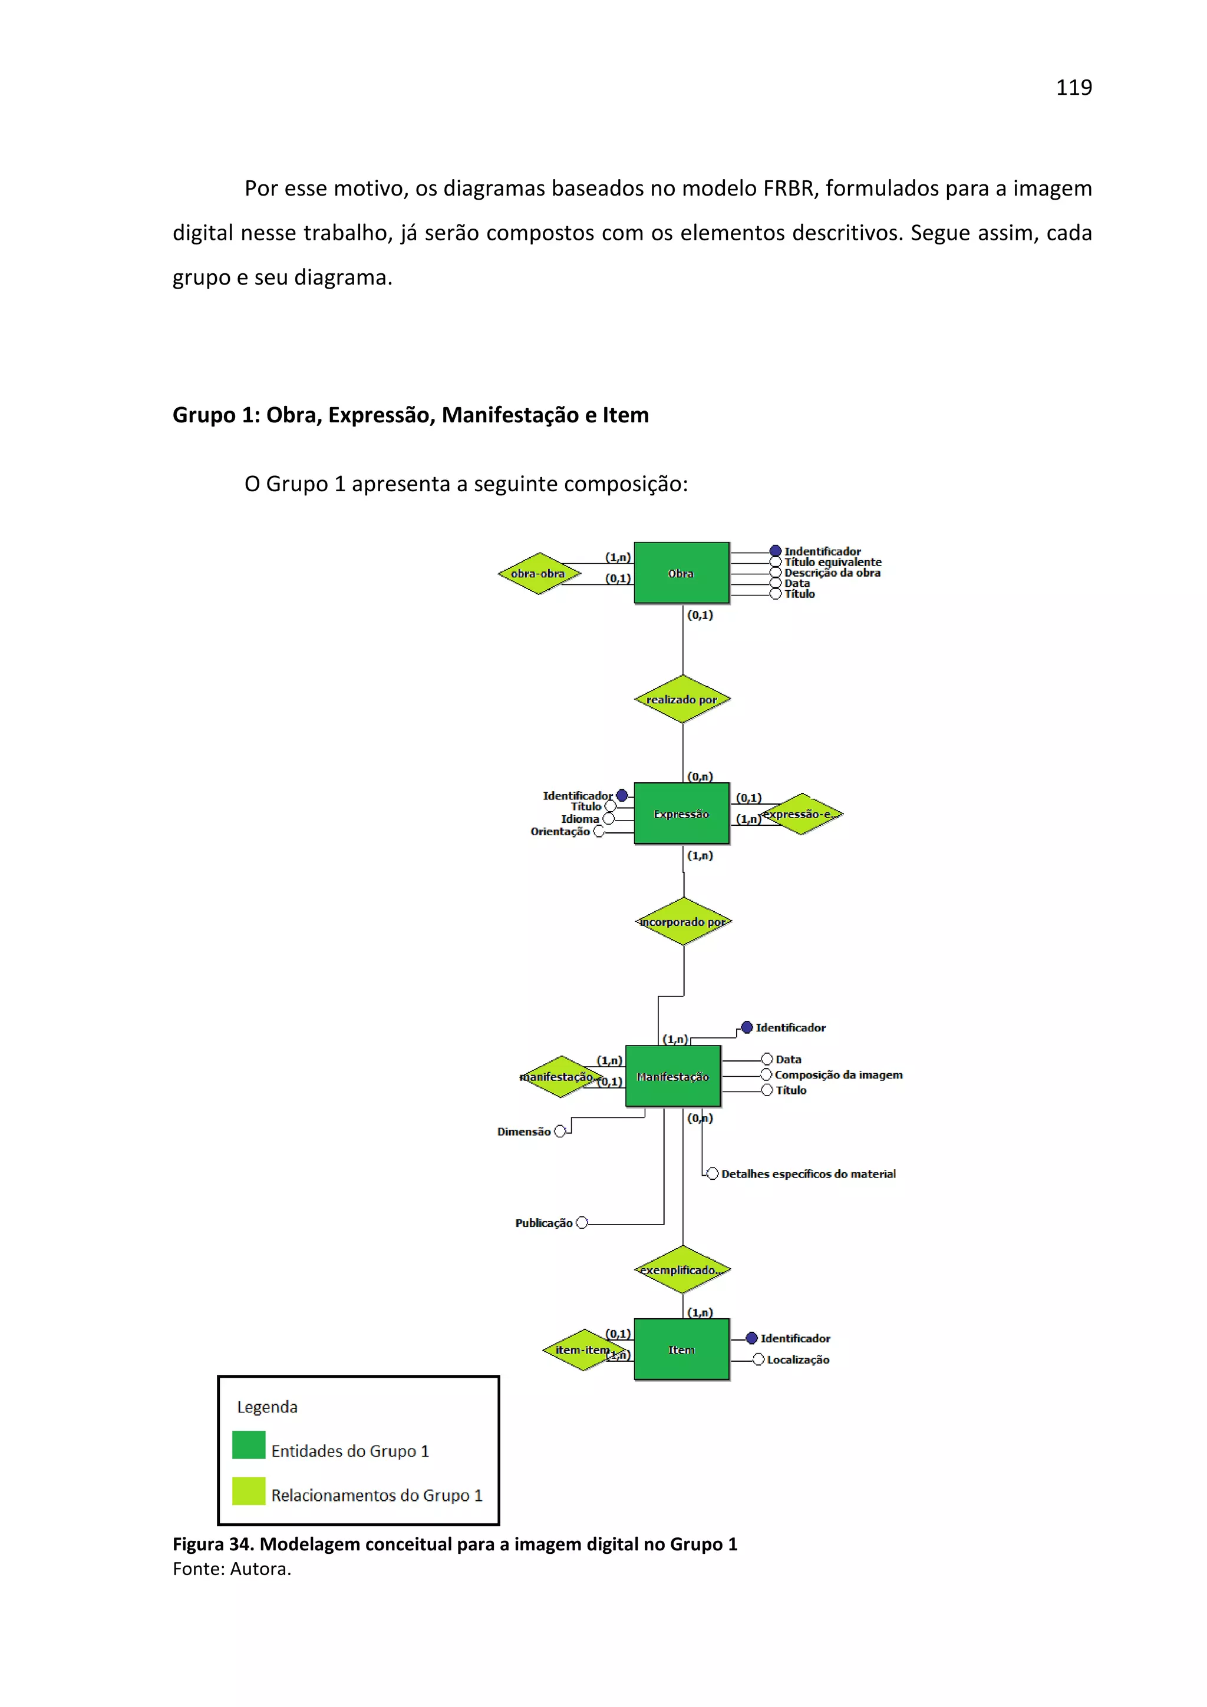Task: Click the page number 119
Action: pyautogui.click(x=1073, y=88)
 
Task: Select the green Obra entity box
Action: pyautogui.click(x=681, y=573)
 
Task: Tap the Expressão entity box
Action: pyautogui.click(x=681, y=813)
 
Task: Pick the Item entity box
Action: pyautogui.click(x=681, y=1349)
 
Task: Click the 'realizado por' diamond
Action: pyautogui.click(x=682, y=699)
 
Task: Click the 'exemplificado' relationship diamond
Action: pyautogui.click(x=682, y=1270)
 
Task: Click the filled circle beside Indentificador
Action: pyautogui.click(x=775, y=551)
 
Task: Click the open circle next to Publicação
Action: pyautogui.click(x=582, y=1222)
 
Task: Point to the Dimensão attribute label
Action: pyautogui.click(x=523, y=1131)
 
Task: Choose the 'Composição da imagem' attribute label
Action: pyautogui.click(x=838, y=1074)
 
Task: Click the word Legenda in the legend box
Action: pyautogui.click(x=267, y=1407)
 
